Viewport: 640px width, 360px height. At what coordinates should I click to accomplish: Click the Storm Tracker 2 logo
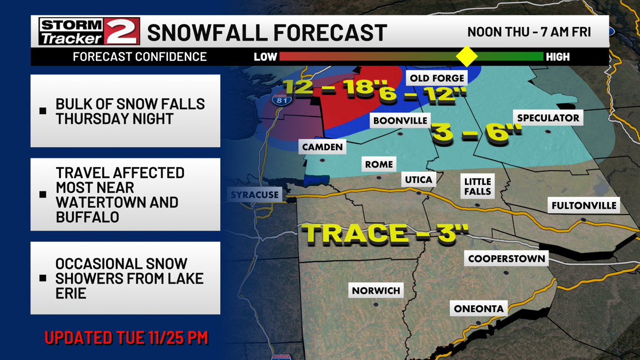89,32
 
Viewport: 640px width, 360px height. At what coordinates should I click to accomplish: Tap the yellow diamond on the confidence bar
466,57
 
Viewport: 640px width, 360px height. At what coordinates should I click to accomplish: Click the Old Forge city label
436,78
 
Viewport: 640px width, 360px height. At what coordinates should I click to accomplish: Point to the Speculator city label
548,118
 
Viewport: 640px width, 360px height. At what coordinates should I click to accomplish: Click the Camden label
322,147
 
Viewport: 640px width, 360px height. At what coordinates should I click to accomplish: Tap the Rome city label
379,164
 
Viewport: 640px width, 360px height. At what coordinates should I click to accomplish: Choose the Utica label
419,180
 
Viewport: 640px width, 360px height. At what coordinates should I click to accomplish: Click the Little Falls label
477,186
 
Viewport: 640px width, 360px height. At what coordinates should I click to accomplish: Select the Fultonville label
583,205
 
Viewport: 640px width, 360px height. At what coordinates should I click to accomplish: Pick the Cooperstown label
507,259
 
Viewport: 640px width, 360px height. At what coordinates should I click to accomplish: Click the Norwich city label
375,290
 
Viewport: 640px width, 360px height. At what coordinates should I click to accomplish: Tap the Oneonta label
478,309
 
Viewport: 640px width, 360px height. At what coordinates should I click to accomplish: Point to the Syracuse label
254,195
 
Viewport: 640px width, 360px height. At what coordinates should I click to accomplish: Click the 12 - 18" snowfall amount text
329,87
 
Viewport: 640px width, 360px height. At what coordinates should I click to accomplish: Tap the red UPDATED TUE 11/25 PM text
126,337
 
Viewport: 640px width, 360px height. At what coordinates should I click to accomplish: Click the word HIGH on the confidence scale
557,57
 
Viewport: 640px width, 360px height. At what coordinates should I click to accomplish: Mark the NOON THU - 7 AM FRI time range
529,32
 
